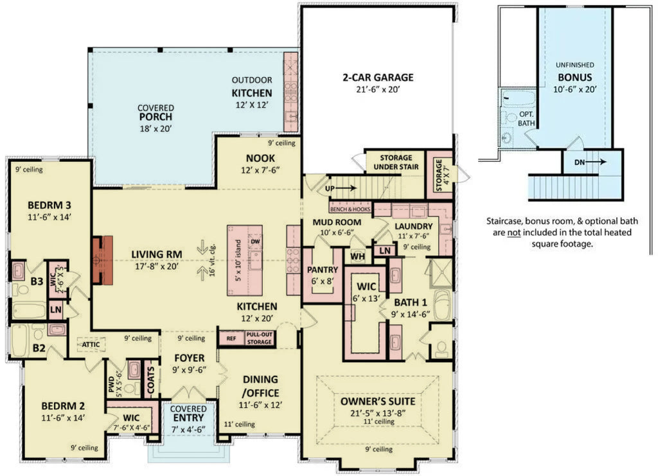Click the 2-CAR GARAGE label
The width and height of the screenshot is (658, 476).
pyautogui.click(x=377, y=78)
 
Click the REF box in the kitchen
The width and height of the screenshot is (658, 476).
pyautogui.click(x=230, y=338)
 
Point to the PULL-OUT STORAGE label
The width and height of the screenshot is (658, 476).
pyautogui.click(x=259, y=338)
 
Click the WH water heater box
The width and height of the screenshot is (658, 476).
pyautogui.click(x=357, y=256)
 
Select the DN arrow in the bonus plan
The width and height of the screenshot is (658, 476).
pyautogui.click(x=590, y=162)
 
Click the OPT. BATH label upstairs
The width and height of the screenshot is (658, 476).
pyautogui.click(x=527, y=118)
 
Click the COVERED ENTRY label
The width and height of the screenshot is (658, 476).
pyautogui.click(x=188, y=413)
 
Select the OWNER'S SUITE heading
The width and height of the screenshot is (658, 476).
pyautogui.click(x=377, y=401)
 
